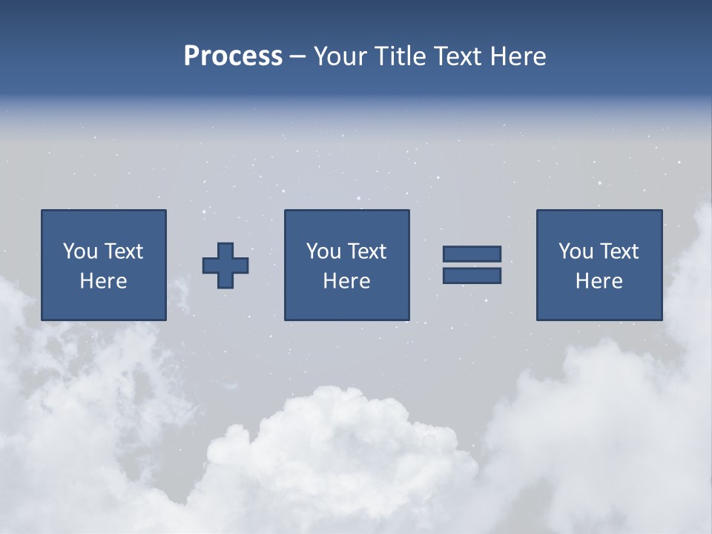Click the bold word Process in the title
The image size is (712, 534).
pos(233,56)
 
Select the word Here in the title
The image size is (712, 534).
pos(518,56)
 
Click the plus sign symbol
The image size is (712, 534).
pos(225,266)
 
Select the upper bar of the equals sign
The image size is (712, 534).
pos(472,254)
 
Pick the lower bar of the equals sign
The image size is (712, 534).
pos(472,275)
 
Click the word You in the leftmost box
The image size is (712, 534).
pos(80,251)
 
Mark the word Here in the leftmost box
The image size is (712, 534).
pos(104,281)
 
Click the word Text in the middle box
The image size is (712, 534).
pos(367,251)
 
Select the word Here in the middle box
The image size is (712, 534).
pos(346,281)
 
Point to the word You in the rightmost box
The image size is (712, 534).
pos(576,251)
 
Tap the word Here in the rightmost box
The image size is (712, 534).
pos(599,281)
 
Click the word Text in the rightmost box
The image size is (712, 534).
pos(619,251)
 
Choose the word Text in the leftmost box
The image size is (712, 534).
pos(124,251)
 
